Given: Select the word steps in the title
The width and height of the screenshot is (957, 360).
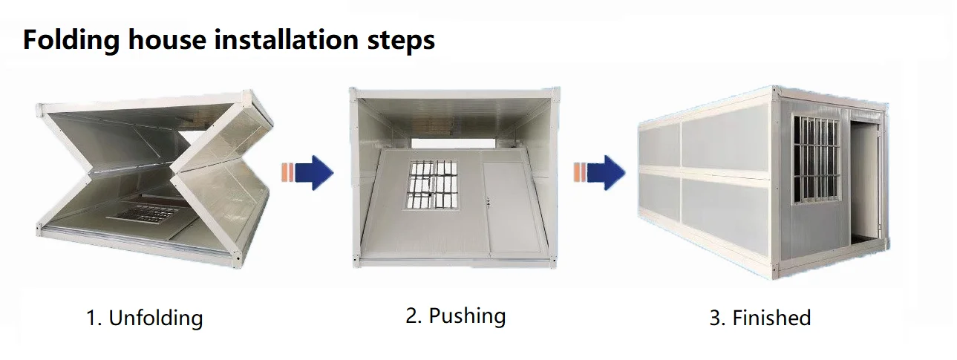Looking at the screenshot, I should (x=398, y=40).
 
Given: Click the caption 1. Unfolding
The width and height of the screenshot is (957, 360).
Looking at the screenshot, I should (x=144, y=318).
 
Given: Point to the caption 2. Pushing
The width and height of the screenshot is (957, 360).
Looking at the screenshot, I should (x=455, y=315).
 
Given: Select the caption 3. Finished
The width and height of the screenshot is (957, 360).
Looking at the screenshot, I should (x=760, y=318).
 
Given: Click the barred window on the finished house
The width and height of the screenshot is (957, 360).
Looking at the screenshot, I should (x=816, y=157).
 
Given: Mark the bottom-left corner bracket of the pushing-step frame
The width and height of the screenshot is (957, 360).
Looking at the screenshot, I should (x=356, y=261).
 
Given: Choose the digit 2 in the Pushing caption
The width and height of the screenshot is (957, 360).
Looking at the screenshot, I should (x=412, y=315).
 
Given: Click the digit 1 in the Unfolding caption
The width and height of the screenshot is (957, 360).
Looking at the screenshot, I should (x=91, y=319).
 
